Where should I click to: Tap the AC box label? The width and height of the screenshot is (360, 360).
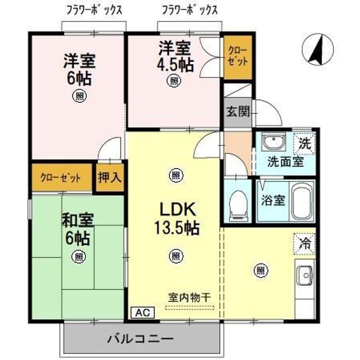click(x=143, y=312)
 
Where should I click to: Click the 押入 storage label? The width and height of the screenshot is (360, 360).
click(x=109, y=177)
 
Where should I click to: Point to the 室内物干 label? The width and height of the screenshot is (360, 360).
click(x=188, y=297)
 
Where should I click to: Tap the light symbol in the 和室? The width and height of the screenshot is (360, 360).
click(x=77, y=256)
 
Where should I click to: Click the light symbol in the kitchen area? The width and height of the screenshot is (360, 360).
click(x=260, y=270)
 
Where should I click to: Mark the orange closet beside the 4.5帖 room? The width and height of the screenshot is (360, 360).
click(x=236, y=56)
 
